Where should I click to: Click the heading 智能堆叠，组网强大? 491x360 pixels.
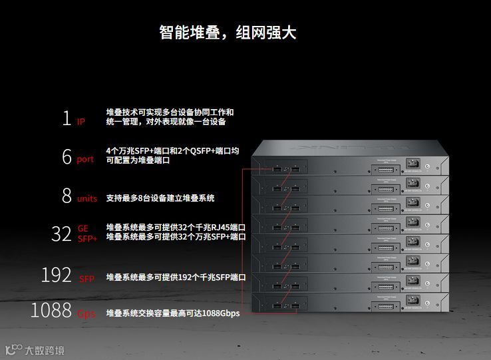coord(227,32)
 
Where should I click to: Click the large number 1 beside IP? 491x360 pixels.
coord(66,118)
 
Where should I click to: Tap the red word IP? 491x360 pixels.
coord(81,122)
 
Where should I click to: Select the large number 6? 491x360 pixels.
coord(67,157)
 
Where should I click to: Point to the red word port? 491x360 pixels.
coord(85,160)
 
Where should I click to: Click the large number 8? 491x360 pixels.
coord(67,196)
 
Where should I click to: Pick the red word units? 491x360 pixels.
coord(87,198)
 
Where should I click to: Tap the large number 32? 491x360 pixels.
coord(61,234)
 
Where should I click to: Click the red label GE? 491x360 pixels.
coord(82,228)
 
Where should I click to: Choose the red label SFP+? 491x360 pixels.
coord(87,238)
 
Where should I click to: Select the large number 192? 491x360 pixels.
coord(57,275)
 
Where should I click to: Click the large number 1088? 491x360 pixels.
coord(51,311)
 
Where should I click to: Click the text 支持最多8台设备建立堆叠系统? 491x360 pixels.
coord(160,198)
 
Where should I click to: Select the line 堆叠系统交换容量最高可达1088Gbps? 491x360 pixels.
coord(173,313)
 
